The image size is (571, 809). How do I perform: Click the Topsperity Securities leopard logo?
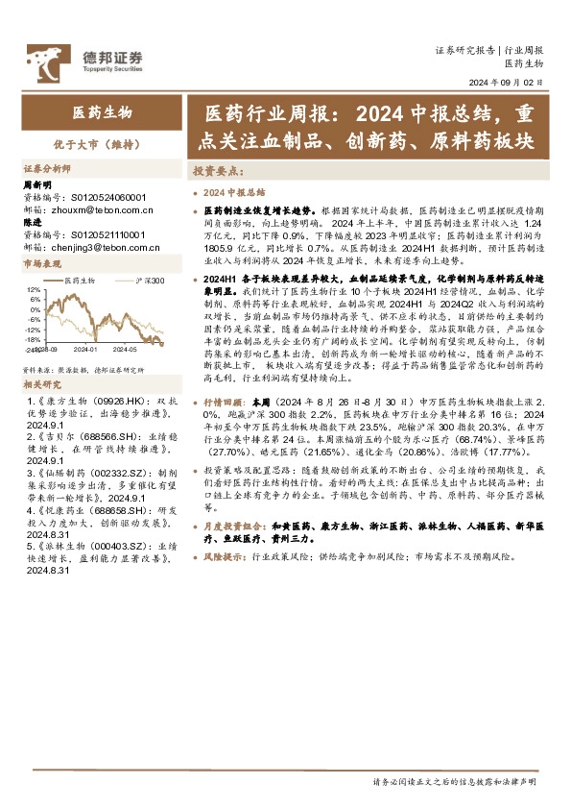(x=43, y=60)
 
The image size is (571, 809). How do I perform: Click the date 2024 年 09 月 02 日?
(x=505, y=83)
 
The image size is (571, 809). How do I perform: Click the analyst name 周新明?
(x=36, y=185)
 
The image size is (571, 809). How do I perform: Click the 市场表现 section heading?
(x=42, y=263)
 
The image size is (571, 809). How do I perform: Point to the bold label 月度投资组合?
(x=230, y=527)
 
